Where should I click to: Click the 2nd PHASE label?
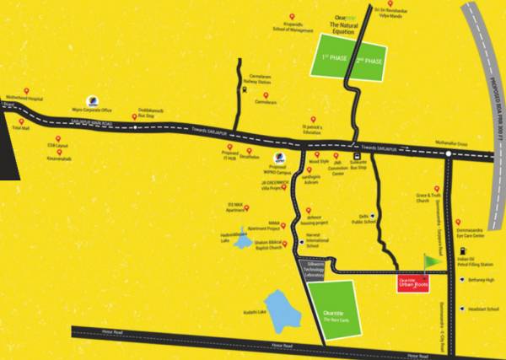click(369, 62)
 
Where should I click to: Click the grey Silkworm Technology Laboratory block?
click(313, 268)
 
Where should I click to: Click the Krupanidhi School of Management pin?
click(292, 16)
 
